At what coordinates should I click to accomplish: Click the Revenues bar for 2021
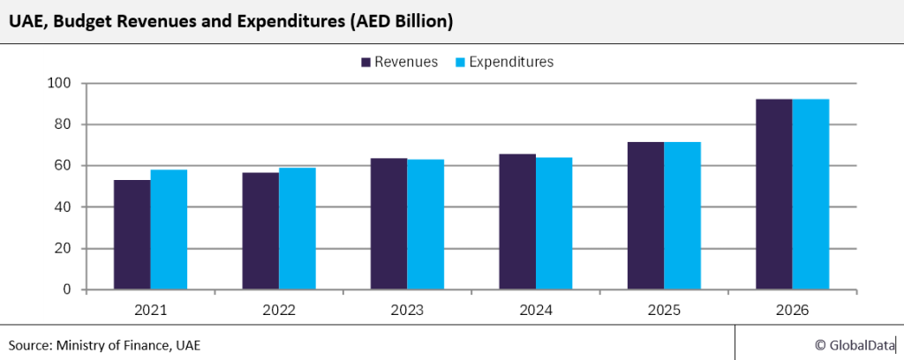point(132,235)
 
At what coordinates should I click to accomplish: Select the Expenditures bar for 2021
point(169,229)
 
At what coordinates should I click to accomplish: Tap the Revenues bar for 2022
point(260,231)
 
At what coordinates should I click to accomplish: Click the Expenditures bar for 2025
point(682,215)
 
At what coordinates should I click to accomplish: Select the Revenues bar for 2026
point(774,194)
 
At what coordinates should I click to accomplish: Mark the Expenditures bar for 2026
point(810,194)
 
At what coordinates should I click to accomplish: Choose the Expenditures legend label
point(511,62)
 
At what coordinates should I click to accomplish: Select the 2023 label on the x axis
point(407,311)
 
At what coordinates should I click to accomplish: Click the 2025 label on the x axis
point(664,311)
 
